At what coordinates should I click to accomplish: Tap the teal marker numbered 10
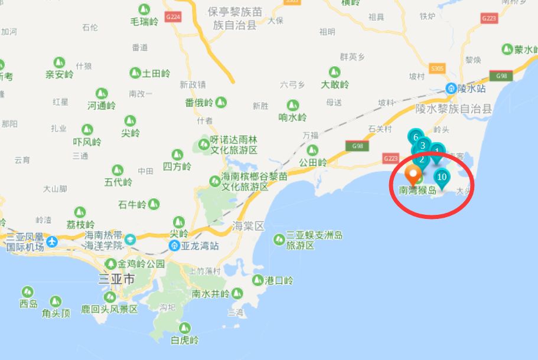click(441, 177)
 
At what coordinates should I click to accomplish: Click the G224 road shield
click(173, 17)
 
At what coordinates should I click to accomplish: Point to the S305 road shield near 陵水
click(437, 68)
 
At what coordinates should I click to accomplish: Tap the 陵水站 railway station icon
click(451, 89)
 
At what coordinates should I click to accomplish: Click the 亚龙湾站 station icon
click(175, 246)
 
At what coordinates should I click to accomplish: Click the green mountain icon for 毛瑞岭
click(144, 9)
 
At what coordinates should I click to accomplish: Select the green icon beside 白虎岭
click(185, 328)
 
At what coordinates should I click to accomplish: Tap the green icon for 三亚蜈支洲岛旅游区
click(278, 240)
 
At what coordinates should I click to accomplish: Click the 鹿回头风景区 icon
click(110, 297)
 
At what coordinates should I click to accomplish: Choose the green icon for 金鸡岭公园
click(110, 264)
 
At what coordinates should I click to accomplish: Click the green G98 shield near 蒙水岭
click(501, 76)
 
